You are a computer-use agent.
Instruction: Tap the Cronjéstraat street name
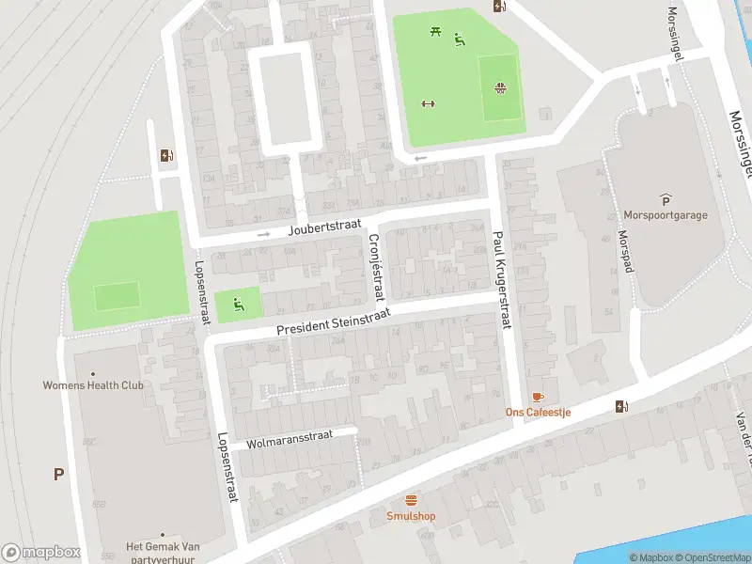[x=377, y=267]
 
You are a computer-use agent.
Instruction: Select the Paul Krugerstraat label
[x=501, y=281]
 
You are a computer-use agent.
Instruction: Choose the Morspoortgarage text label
[x=666, y=214]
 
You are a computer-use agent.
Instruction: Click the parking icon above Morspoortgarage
[x=666, y=198]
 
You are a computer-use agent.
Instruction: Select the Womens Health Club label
[x=93, y=384]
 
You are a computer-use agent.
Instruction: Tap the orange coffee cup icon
[x=538, y=397]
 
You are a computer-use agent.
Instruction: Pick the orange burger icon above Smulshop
[x=411, y=500]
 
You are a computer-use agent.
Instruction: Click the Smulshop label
[x=411, y=516]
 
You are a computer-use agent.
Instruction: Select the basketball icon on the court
[x=500, y=89]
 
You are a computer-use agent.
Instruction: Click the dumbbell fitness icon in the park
[x=429, y=103]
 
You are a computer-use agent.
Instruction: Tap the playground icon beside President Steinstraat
[x=237, y=304]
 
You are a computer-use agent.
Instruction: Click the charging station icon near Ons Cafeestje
[x=619, y=406]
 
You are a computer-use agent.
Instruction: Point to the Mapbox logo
[x=40, y=553]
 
